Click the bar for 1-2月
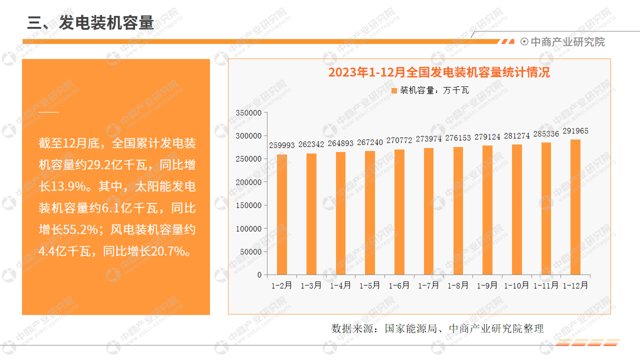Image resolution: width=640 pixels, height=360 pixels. pos(282,214)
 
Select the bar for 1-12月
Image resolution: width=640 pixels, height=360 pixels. pos(575,207)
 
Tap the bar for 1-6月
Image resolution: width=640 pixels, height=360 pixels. pos(399,212)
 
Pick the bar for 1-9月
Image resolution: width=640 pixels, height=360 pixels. pos(487,210)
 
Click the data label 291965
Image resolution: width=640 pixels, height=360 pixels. pos(575,131)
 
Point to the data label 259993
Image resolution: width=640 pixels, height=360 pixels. pos(282,145)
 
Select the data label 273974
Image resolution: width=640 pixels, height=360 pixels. pos(428,138)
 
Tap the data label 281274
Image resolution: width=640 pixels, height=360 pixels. pos(516,135)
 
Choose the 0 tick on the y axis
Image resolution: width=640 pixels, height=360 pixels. pos(259,275)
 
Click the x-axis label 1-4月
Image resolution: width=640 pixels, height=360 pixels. pos(340,286)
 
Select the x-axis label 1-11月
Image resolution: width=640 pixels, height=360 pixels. pos(546,286)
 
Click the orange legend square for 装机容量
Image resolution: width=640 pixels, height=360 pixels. pos(394,90)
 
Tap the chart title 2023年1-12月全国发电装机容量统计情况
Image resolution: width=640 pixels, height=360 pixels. pos(438,72)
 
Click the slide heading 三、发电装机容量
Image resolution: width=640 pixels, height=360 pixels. pos(90,22)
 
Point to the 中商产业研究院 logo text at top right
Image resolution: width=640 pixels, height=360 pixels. pos(567,42)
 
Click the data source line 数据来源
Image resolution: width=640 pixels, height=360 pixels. pos(437,328)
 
